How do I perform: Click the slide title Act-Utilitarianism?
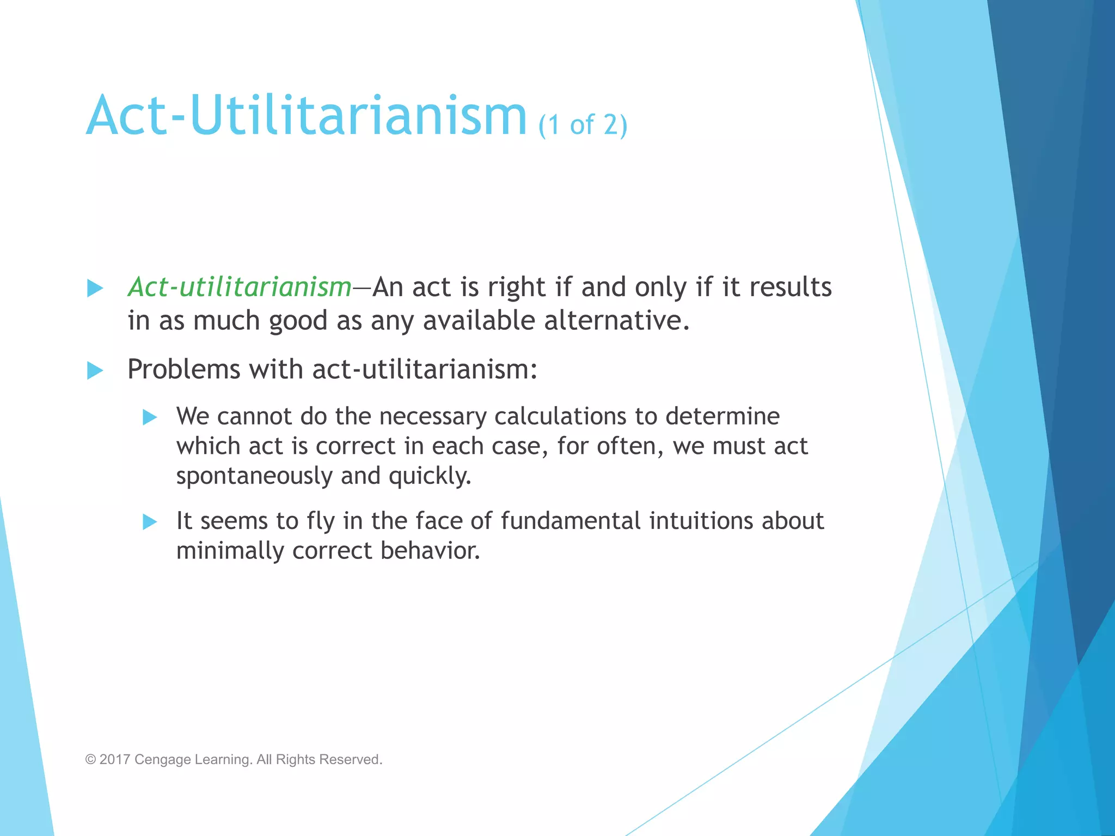pos(306,115)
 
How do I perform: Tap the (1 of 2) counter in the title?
pos(583,125)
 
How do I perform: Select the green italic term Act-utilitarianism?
pos(240,287)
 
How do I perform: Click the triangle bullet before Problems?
pos(95,371)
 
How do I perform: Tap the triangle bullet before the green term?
pos(95,288)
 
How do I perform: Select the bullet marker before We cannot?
pos(150,417)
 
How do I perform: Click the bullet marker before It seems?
pos(150,522)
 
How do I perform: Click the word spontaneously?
pos(254,476)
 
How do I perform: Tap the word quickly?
pos(430,476)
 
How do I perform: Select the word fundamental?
pos(571,521)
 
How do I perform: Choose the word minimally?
pos(230,551)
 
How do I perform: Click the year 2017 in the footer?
pos(114,759)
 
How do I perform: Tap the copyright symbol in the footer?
pos(90,760)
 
